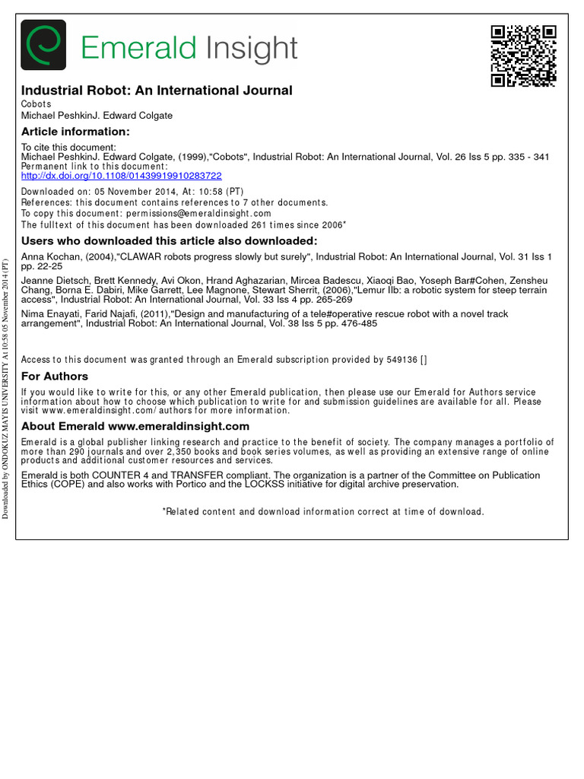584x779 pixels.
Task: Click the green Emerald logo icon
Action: click(43, 45)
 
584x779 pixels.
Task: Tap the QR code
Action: click(523, 56)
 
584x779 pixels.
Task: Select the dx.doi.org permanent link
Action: click(122, 176)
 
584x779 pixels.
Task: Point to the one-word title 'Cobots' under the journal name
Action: click(36, 104)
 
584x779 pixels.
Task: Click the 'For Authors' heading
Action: click(55, 376)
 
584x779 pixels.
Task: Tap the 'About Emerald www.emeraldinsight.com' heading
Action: click(135, 426)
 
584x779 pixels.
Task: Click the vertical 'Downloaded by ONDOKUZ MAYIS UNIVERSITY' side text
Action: click(6, 389)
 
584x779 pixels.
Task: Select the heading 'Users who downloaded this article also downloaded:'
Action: click(169, 241)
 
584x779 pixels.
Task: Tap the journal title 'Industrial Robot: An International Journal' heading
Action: click(157, 91)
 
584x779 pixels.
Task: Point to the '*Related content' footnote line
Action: click(323, 512)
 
